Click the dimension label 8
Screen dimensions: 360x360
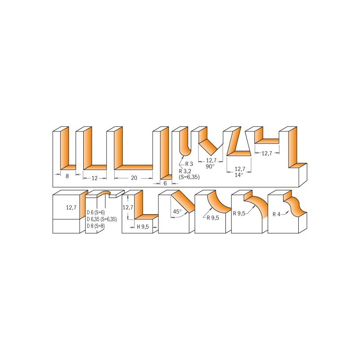click(x=67, y=176)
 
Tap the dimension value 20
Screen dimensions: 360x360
click(x=134, y=178)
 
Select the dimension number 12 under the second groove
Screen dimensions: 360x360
click(x=94, y=178)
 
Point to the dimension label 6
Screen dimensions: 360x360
click(x=165, y=183)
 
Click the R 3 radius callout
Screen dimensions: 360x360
click(x=189, y=164)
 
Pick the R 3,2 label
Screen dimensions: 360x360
click(x=185, y=171)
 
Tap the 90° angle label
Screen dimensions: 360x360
click(x=210, y=166)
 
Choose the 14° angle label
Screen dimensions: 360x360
click(x=239, y=175)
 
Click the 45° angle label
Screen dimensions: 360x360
click(x=177, y=211)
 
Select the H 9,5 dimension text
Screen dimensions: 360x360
click(x=143, y=227)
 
